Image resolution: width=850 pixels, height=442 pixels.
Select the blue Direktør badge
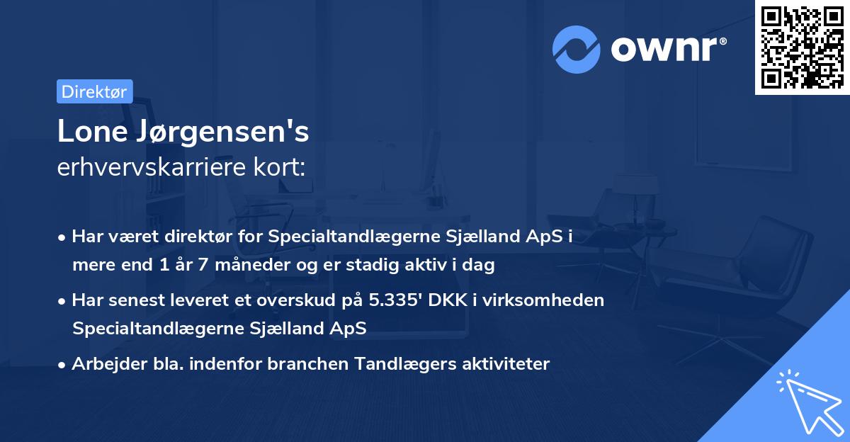pyautogui.click(x=94, y=91)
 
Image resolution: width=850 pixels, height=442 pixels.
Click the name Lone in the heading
pyautogui.click(x=90, y=132)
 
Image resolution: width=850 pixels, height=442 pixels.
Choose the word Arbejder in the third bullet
pyautogui.click(x=103, y=364)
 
